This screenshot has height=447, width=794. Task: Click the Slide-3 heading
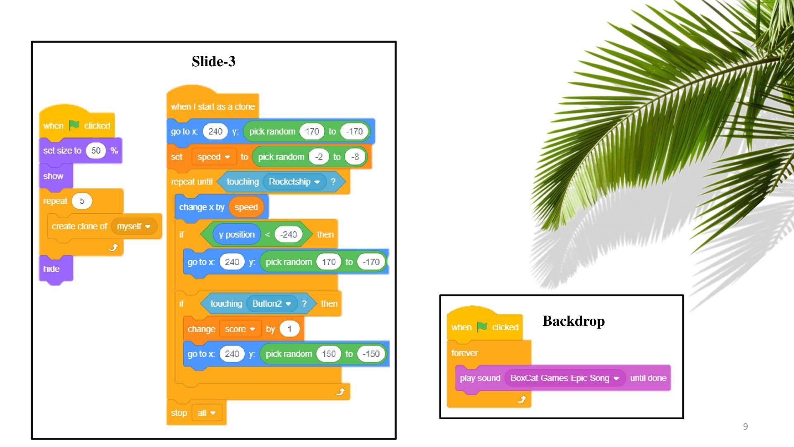pyautogui.click(x=213, y=61)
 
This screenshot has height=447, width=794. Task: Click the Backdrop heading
pyautogui.click(x=573, y=321)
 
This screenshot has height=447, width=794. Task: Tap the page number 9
pyautogui.click(x=745, y=427)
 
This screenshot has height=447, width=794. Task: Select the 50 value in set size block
pyautogui.click(x=96, y=151)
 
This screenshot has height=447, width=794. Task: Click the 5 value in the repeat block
pyautogui.click(x=82, y=201)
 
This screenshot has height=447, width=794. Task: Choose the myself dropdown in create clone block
pyautogui.click(x=134, y=226)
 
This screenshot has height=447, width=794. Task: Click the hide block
pyautogui.click(x=52, y=269)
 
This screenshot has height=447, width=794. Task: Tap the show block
pyautogui.click(x=53, y=176)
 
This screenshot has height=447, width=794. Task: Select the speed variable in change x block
pyautogui.click(x=246, y=207)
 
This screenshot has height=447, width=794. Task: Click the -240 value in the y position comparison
pyautogui.click(x=288, y=235)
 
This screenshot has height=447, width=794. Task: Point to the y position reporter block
pyautogui.click(x=237, y=235)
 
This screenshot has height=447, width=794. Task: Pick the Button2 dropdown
pyautogui.click(x=271, y=304)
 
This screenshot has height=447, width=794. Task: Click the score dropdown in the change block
pyautogui.click(x=240, y=329)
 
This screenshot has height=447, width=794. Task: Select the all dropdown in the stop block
pyautogui.click(x=206, y=413)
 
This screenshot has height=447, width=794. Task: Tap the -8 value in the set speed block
pyautogui.click(x=355, y=157)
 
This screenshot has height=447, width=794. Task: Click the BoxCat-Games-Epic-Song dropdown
pyautogui.click(x=564, y=378)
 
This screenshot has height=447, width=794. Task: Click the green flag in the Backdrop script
pyautogui.click(x=482, y=327)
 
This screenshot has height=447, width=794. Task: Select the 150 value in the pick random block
pyautogui.click(x=329, y=354)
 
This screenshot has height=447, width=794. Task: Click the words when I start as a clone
pyautogui.click(x=213, y=107)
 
